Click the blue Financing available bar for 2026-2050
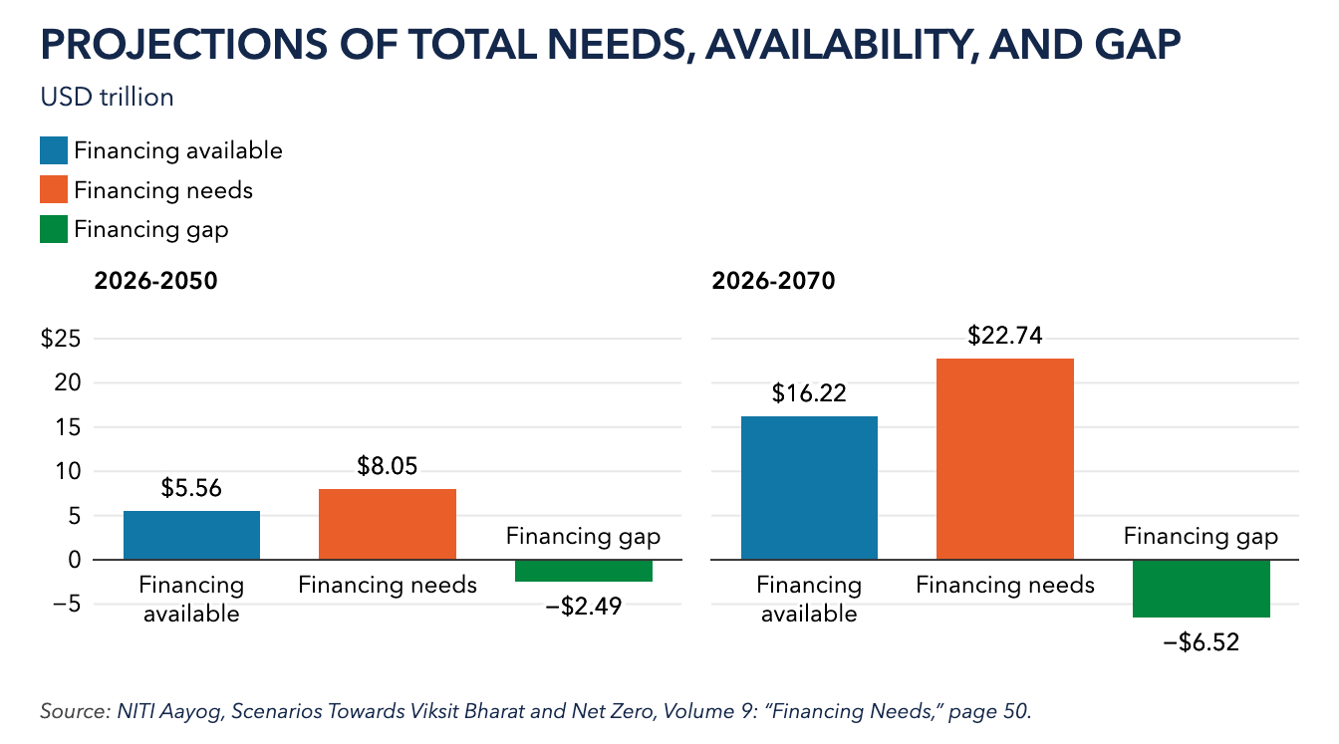(x=192, y=536)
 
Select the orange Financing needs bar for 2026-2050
(x=388, y=525)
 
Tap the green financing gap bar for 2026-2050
(x=584, y=571)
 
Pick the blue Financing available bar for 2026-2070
(x=809, y=488)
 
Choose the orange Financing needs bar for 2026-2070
(x=1005, y=459)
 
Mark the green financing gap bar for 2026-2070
(x=1201, y=589)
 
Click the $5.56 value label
(x=191, y=488)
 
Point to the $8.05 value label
(x=388, y=466)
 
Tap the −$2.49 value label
(x=584, y=606)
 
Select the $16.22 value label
(x=809, y=393)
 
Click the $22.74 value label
(x=1005, y=336)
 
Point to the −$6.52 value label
(x=1201, y=642)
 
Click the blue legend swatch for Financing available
(x=54, y=150)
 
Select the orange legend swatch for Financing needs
(x=54, y=189)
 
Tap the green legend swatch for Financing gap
(x=54, y=229)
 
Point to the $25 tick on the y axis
(x=61, y=339)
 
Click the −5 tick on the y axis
(x=67, y=605)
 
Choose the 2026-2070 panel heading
(x=773, y=281)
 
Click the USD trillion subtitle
(x=107, y=98)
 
